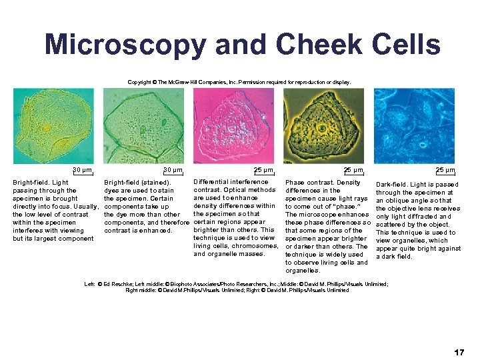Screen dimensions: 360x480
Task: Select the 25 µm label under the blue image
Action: tap(445, 170)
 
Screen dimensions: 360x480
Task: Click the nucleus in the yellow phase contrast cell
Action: tap(323, 128)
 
